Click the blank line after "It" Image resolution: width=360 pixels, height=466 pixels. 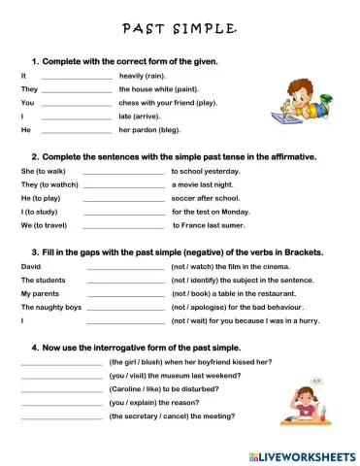(77, 78)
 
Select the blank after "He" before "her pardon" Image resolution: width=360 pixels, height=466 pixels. (77, 131)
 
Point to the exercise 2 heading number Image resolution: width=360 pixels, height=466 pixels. (35, 155)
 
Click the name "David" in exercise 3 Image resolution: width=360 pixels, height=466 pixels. (31, 266)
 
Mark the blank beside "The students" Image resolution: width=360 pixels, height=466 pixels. (125, 282)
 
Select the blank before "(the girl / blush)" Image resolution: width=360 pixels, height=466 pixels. (61, 364)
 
